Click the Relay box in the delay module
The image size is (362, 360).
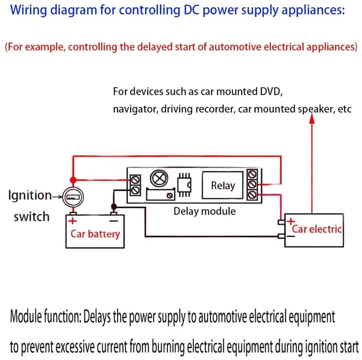click(222, 185)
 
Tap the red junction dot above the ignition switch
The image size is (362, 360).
click(73, 180)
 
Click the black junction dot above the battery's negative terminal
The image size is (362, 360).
click(114, 207)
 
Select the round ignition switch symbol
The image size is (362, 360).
click(73, 197)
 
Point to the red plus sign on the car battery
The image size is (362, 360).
click(72, 221)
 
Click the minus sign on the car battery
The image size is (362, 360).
click(114, 221)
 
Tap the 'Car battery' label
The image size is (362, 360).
click(95, 234)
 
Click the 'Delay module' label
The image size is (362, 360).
click(205, 211)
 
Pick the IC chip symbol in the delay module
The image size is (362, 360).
click(184, 185)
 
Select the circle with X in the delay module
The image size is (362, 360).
click(159, 178)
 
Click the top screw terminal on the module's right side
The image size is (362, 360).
click(252, 174)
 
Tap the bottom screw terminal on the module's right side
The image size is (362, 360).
click(252, 195)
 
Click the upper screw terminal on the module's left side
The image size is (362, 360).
click(135, 180)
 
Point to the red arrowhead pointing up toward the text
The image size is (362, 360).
click(312, 118)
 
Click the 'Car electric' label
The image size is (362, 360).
click(317, 229)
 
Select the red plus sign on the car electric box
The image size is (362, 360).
click(291, 221)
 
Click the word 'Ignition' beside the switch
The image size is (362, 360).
click(30, 195)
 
